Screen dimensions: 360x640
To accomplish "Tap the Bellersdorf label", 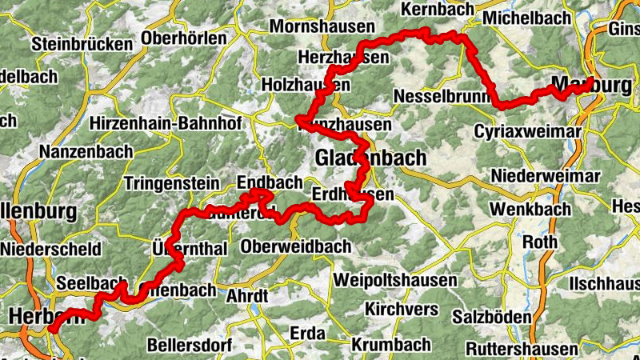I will (x=190, y=346).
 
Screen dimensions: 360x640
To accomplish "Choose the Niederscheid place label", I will (x=50, y=249).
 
